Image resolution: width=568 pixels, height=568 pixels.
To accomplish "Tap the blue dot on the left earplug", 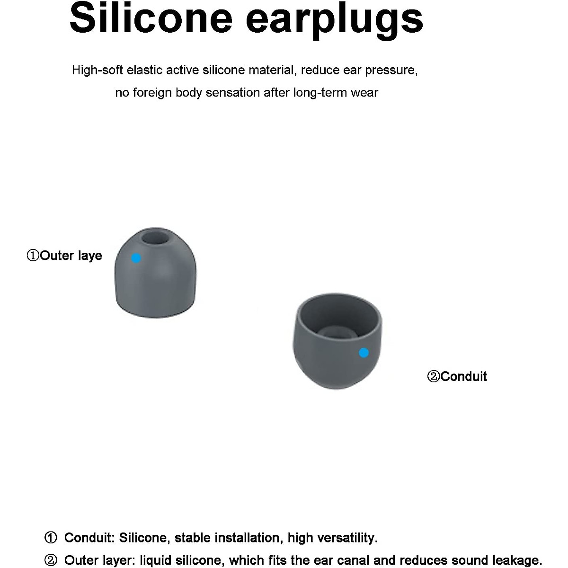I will pyautogui.click(x=136, y=258).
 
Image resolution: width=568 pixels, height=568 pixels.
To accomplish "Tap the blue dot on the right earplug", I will pyautogui.click(x=364, y=352).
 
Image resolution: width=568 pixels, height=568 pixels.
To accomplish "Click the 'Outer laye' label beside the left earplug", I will pyautogui.click(x=71, y=256).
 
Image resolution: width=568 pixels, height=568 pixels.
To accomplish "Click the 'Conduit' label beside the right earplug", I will pyautogui.click(x=463, y=376).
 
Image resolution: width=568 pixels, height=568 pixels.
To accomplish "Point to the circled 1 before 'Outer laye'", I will pyautogui.click(x=33, y=256).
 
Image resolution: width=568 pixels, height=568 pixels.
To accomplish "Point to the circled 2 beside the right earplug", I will pyautogui.click(x=433, y=377).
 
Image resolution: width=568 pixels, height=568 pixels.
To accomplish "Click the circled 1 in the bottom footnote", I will pyautogui.click(x=51, y=538).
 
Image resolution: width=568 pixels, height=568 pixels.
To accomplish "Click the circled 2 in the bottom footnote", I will pyautogui.click(x=51, y=560).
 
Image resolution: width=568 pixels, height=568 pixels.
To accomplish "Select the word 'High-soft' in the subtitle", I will pyautogui.click(x=97, y=71).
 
